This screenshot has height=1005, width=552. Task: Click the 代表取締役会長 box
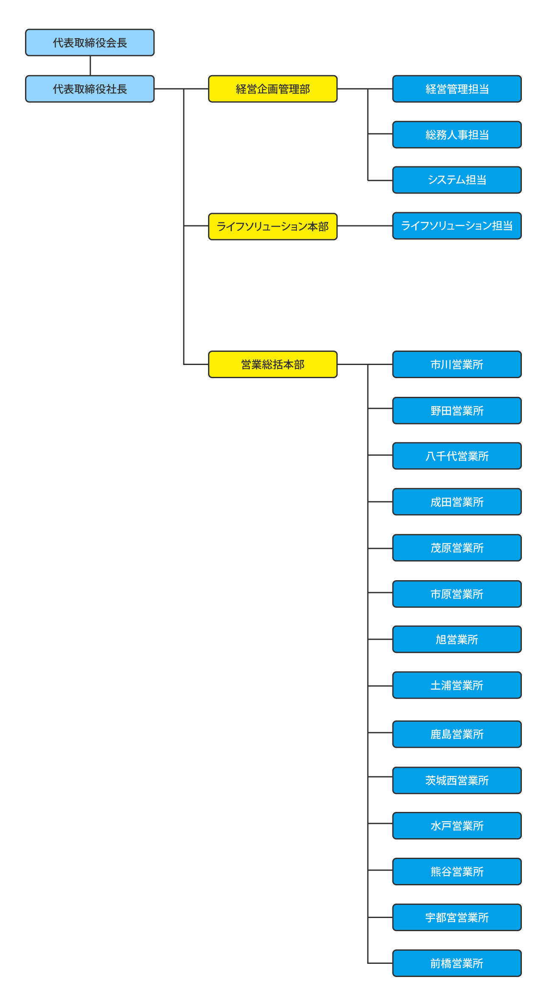90,42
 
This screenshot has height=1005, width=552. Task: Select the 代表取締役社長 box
90,89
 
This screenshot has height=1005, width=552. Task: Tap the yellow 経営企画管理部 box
273,89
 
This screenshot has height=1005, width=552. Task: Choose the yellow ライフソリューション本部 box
273,227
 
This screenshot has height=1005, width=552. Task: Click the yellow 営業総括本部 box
273,364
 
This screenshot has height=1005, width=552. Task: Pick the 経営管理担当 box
457,89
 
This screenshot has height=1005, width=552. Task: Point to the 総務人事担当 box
457,135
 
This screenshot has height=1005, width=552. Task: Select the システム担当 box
457,180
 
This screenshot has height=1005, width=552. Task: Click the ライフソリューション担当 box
457,226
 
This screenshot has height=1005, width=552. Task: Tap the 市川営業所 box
457,364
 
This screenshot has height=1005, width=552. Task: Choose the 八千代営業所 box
457,456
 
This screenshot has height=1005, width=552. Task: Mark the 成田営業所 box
457,502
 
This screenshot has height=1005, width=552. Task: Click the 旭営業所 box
457,639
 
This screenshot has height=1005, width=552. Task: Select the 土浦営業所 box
457,685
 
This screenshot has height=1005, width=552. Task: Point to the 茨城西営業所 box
457,780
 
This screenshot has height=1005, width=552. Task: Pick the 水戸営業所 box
457,825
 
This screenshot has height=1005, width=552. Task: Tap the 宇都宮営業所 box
457,917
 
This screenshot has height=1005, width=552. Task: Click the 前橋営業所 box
457,963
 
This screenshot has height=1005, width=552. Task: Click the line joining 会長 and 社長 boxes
90,66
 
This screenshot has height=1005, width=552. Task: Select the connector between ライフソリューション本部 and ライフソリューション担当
365,226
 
